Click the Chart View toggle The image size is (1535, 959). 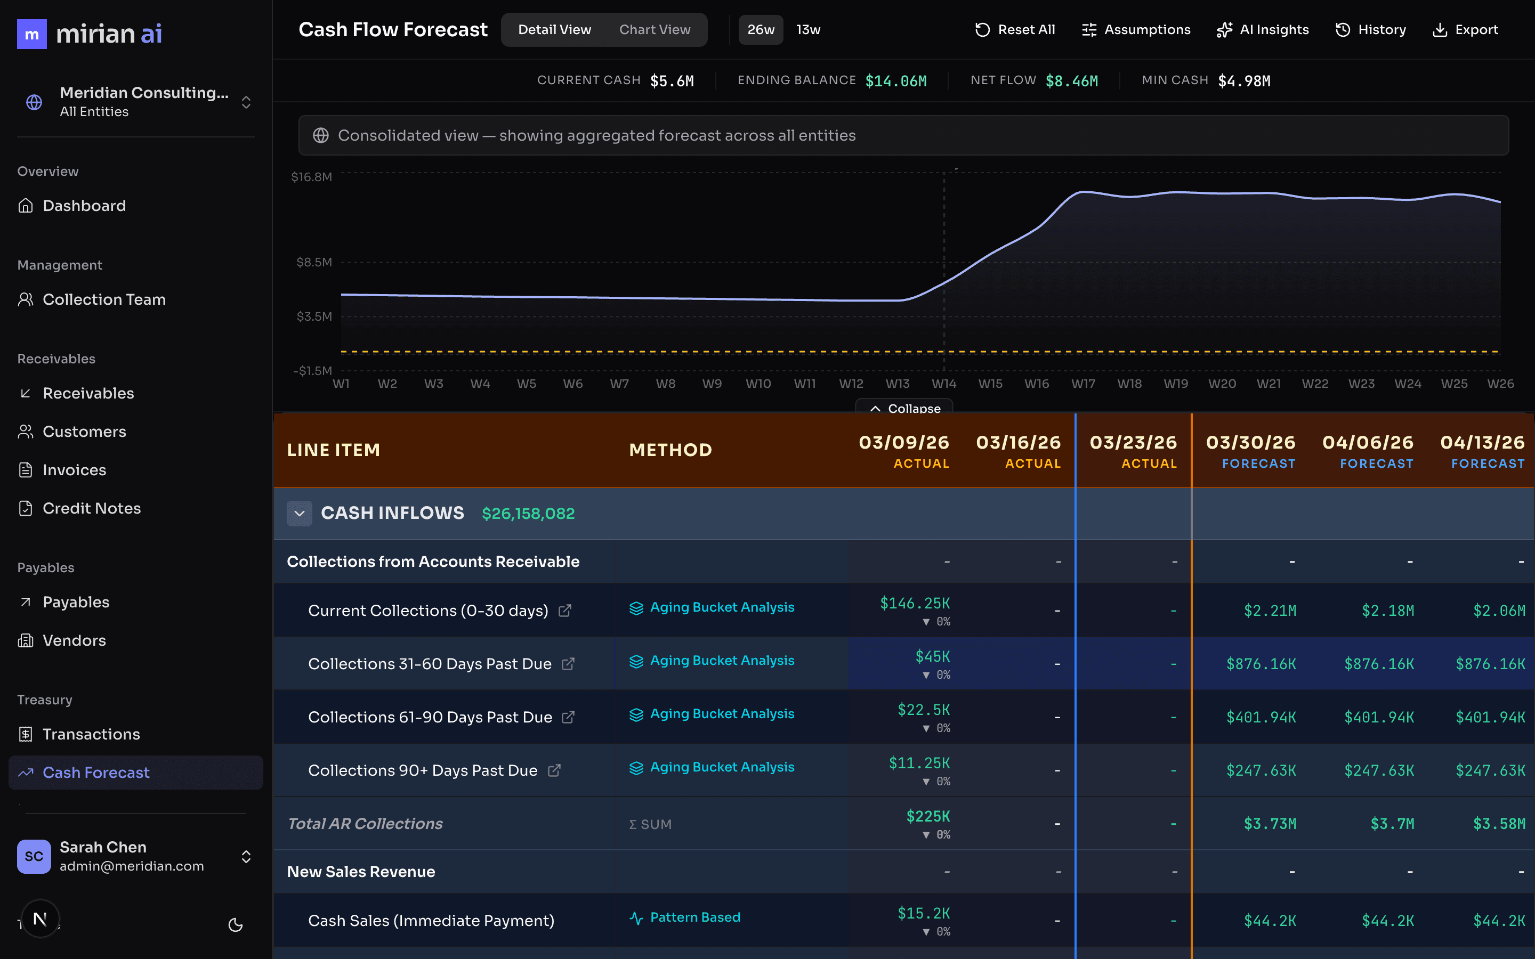coord(654,30)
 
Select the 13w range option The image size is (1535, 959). coord(808,30)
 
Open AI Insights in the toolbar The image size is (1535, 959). coord(1262,30)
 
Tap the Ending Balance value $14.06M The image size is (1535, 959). coord(895,81)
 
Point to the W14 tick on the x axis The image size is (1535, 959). coord(944,384)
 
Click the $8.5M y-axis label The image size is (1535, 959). coord(314,262)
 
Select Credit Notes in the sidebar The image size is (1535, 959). coord(91,508)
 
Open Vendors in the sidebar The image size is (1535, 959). coord(74,640)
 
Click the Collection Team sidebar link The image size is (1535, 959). coord(103,299)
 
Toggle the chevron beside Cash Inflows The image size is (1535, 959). coord(300,513)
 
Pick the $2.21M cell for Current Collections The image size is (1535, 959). coord(1270,611)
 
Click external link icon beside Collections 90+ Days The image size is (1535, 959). coord(554,770)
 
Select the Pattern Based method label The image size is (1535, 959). coord(694,917)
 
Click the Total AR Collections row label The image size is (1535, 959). coord(365,823)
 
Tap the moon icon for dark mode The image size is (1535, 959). coord(236,925)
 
